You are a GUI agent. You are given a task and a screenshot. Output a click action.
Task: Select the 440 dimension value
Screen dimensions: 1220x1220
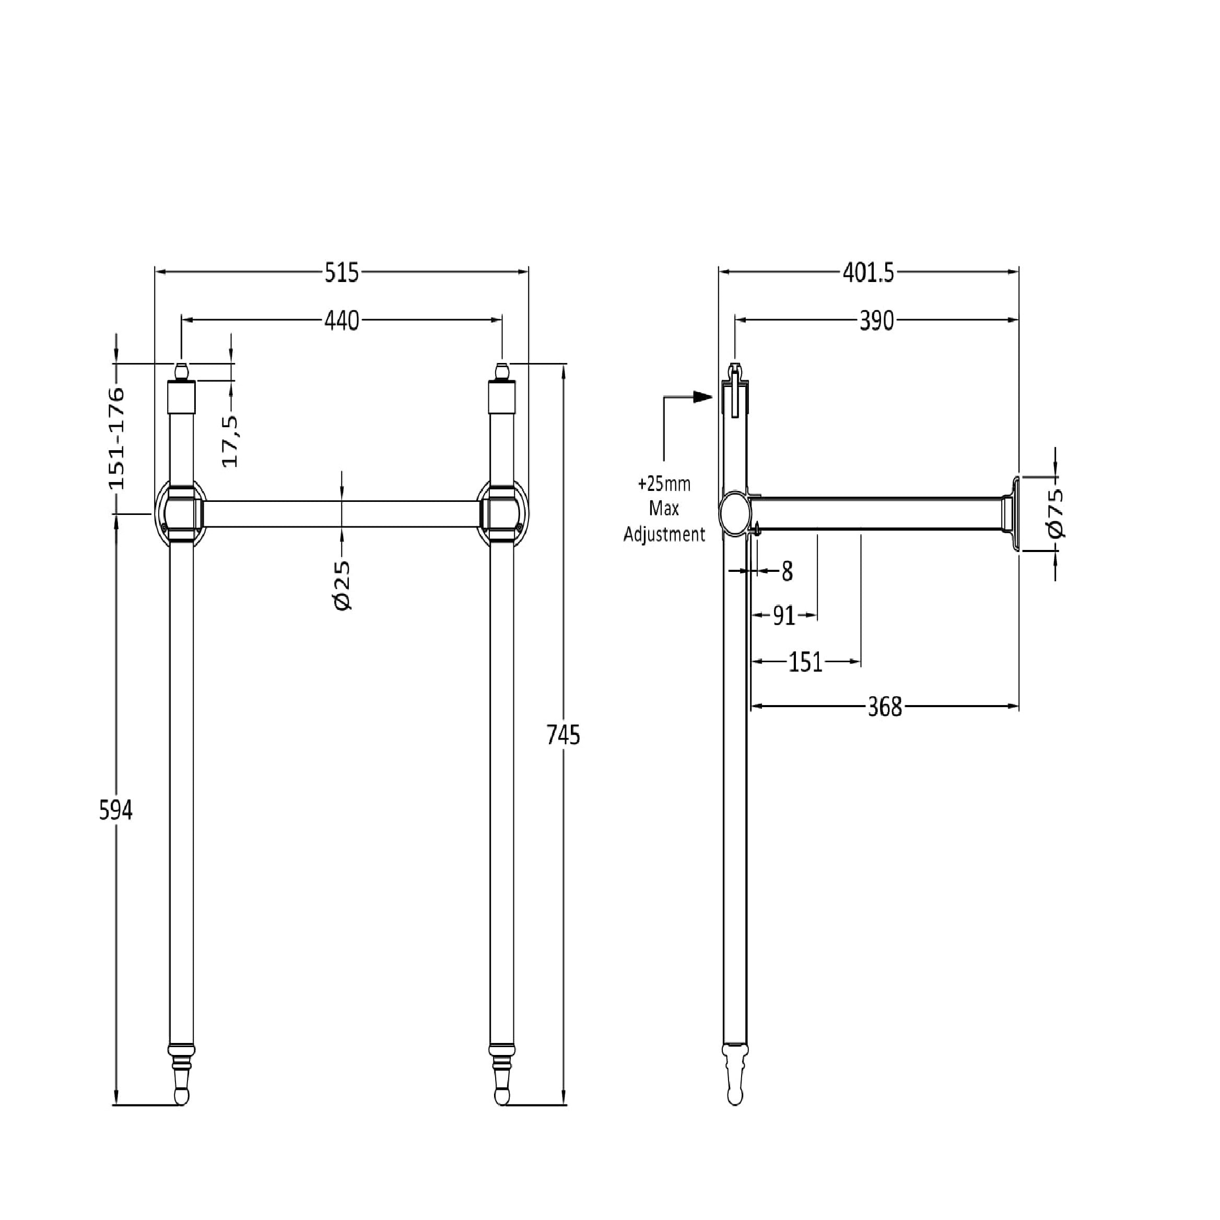point(342,321)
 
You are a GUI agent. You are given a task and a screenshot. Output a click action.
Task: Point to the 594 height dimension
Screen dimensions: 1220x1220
point(116,811)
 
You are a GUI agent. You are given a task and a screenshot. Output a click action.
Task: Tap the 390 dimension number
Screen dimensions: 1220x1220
point(877,321)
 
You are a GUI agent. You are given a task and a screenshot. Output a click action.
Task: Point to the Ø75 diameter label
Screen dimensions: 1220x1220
point(1055,513)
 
